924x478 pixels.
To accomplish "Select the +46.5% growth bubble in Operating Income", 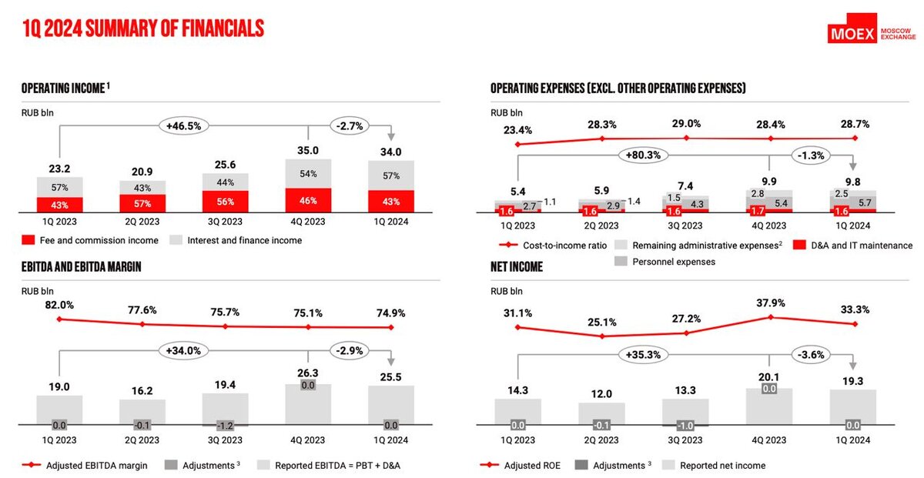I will (x=183, y=125).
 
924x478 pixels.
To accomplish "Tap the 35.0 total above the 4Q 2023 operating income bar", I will (x=309, y=151).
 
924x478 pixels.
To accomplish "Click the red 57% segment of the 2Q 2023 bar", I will (x=142, y=202).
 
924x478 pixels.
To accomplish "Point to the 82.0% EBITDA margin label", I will (x=59, y=305).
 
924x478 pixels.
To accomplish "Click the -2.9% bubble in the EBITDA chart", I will (x=350, y=350).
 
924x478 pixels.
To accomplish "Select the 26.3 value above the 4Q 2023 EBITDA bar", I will (x=309, y=372).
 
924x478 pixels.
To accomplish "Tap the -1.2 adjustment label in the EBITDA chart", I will (x=225, y=425).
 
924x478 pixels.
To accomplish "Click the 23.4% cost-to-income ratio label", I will (x=517, y=129).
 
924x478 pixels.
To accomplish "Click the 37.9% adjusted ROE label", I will (x=770, y=303).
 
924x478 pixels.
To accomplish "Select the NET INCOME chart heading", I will (x=517, y=267).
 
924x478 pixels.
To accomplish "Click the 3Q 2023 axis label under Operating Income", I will (x=225, y=222).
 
